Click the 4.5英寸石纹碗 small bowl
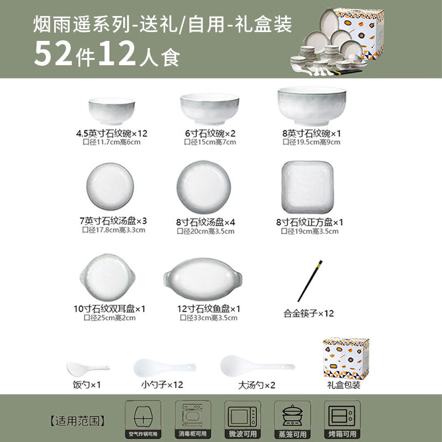coord(112,111)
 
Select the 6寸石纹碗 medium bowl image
coord(210,109)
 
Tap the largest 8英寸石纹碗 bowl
coord(312,106)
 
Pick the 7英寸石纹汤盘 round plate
coord(110,186)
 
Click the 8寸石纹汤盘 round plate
coord(204,187)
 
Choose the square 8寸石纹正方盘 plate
coord(308,187)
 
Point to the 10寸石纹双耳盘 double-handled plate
coord(108,277)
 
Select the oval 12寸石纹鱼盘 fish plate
coord(203,279)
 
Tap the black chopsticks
coord(310,281)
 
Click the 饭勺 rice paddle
coord(88,369)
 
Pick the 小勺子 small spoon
coord(164,367)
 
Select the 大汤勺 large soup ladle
coord(257,366)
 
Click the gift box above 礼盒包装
coord(346,358)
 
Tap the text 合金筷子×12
coord(308,313)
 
